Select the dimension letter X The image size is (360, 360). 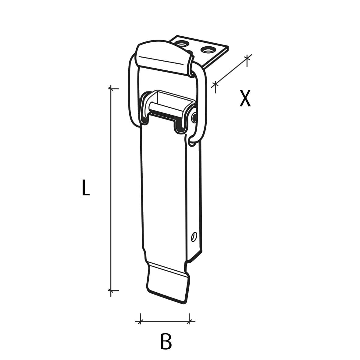pyautogui.click(x=245, y=99)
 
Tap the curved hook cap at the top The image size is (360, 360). pyautogui.click(x=163, y=56)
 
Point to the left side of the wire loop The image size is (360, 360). pyautogui.click(x=131, y=91)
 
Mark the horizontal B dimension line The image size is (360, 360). pyautogui.click(x=165, y=321)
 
